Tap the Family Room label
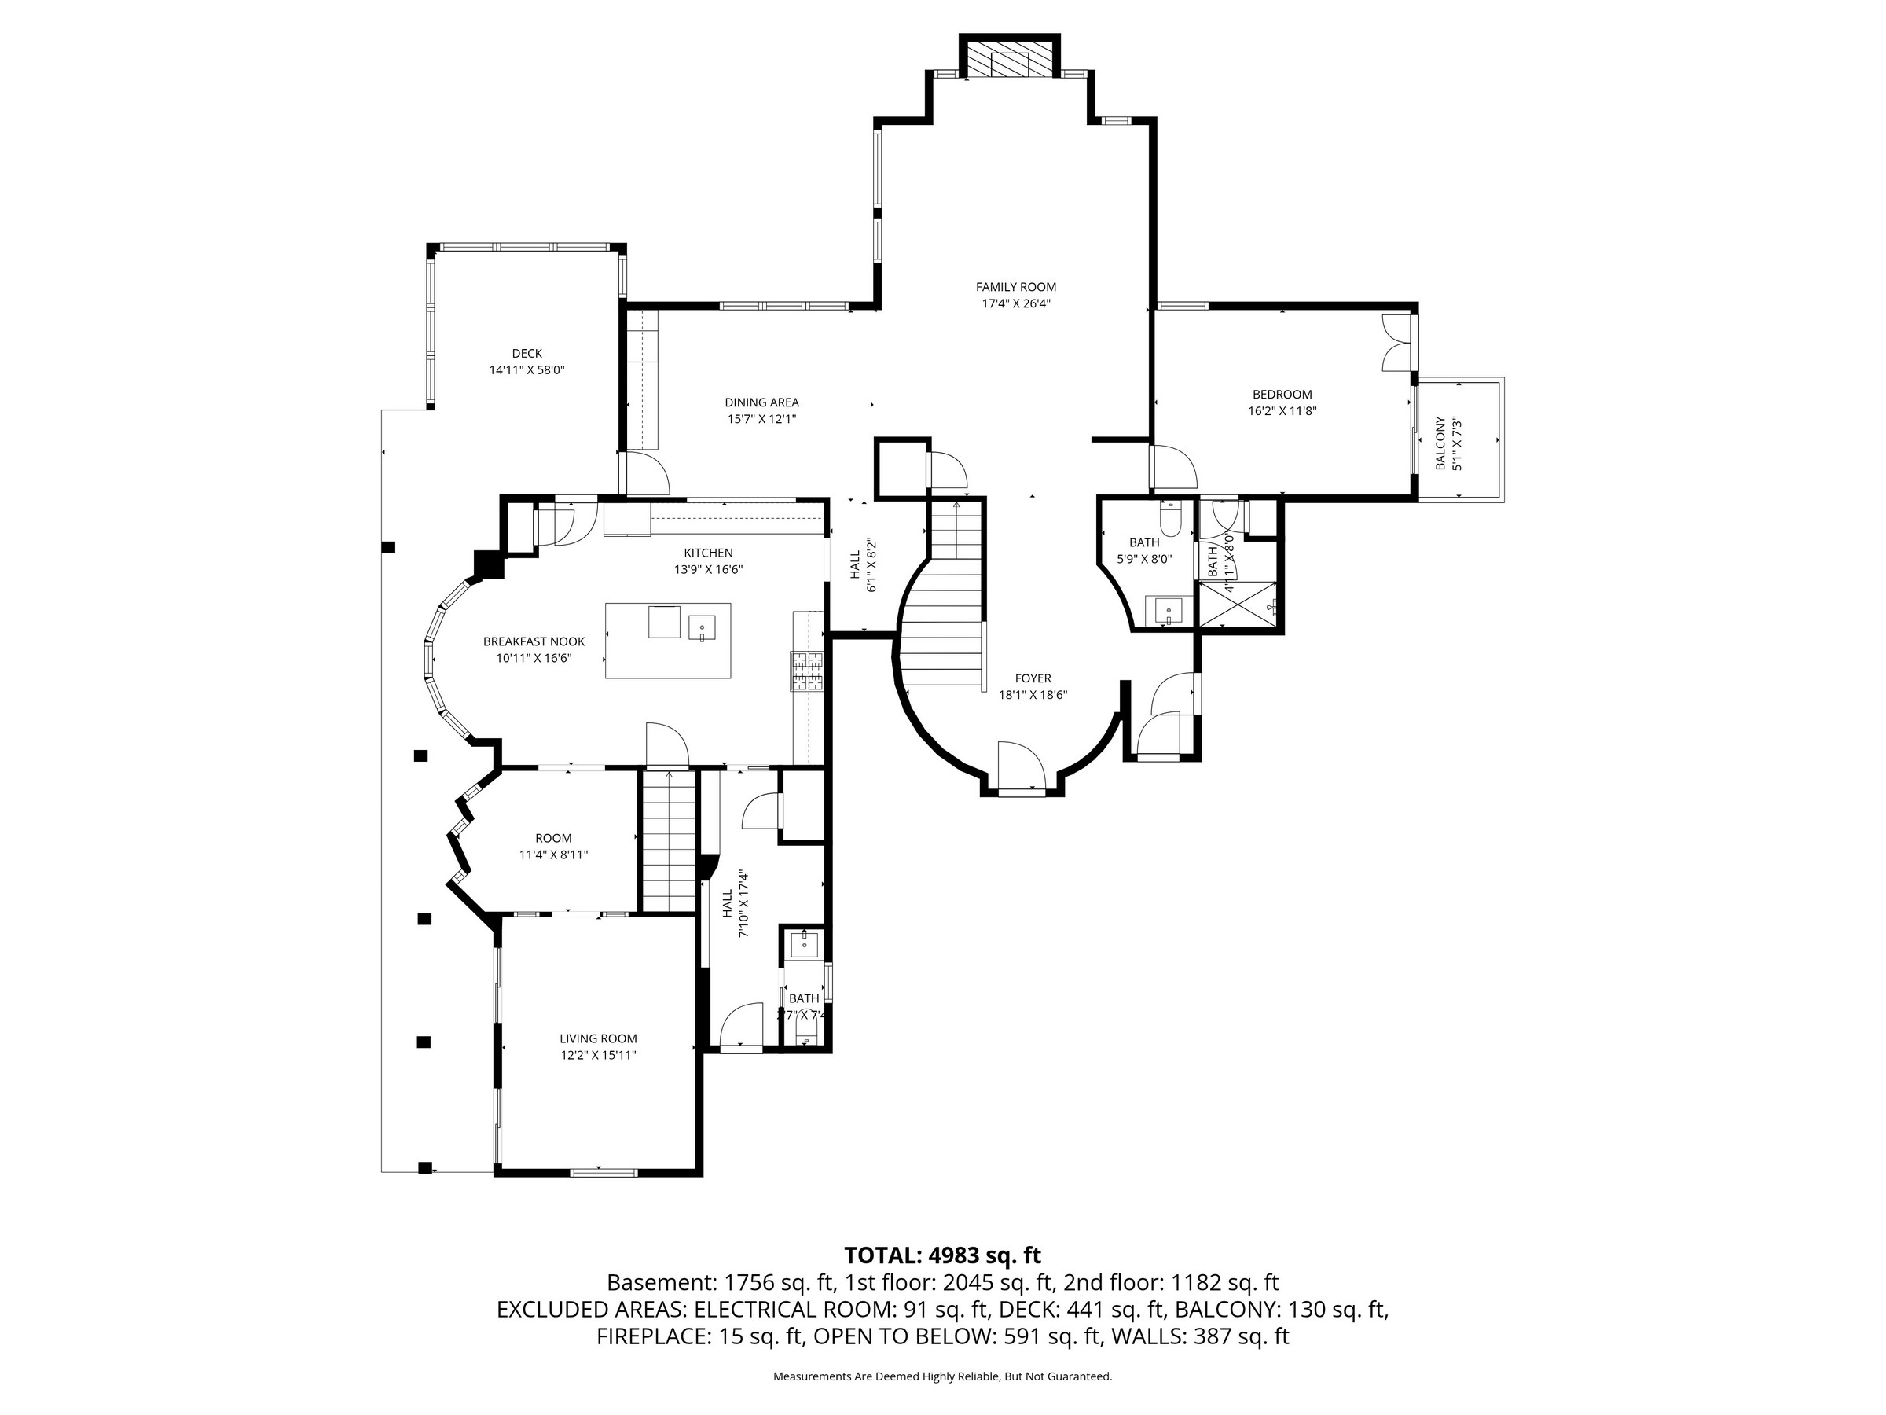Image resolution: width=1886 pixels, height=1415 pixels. (x=1015, y=288)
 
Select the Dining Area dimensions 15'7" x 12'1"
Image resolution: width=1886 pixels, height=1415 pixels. (x=761, y=419)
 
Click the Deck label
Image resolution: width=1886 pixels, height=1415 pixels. (x=527, y=353)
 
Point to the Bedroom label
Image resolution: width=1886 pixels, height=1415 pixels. (x=1282, y=394)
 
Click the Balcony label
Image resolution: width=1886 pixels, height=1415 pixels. (x=1440, y=443)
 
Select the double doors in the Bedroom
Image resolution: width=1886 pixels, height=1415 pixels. (x=1395, y=342)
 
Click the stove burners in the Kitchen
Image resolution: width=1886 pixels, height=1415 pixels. (x=806, y=671)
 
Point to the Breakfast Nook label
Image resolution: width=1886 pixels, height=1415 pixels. (x=534, y=641)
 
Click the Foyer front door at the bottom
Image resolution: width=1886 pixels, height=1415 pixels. (x=1021, y=766)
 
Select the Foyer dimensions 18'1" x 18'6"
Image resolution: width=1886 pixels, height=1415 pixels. (x=1033, y=694)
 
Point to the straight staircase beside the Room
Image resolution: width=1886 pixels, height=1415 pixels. (x=669, y=842)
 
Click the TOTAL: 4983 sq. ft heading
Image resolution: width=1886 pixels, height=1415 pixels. (x=942, y=1255)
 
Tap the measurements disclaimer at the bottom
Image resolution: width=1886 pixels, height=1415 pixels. (x=942, y=1376)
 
